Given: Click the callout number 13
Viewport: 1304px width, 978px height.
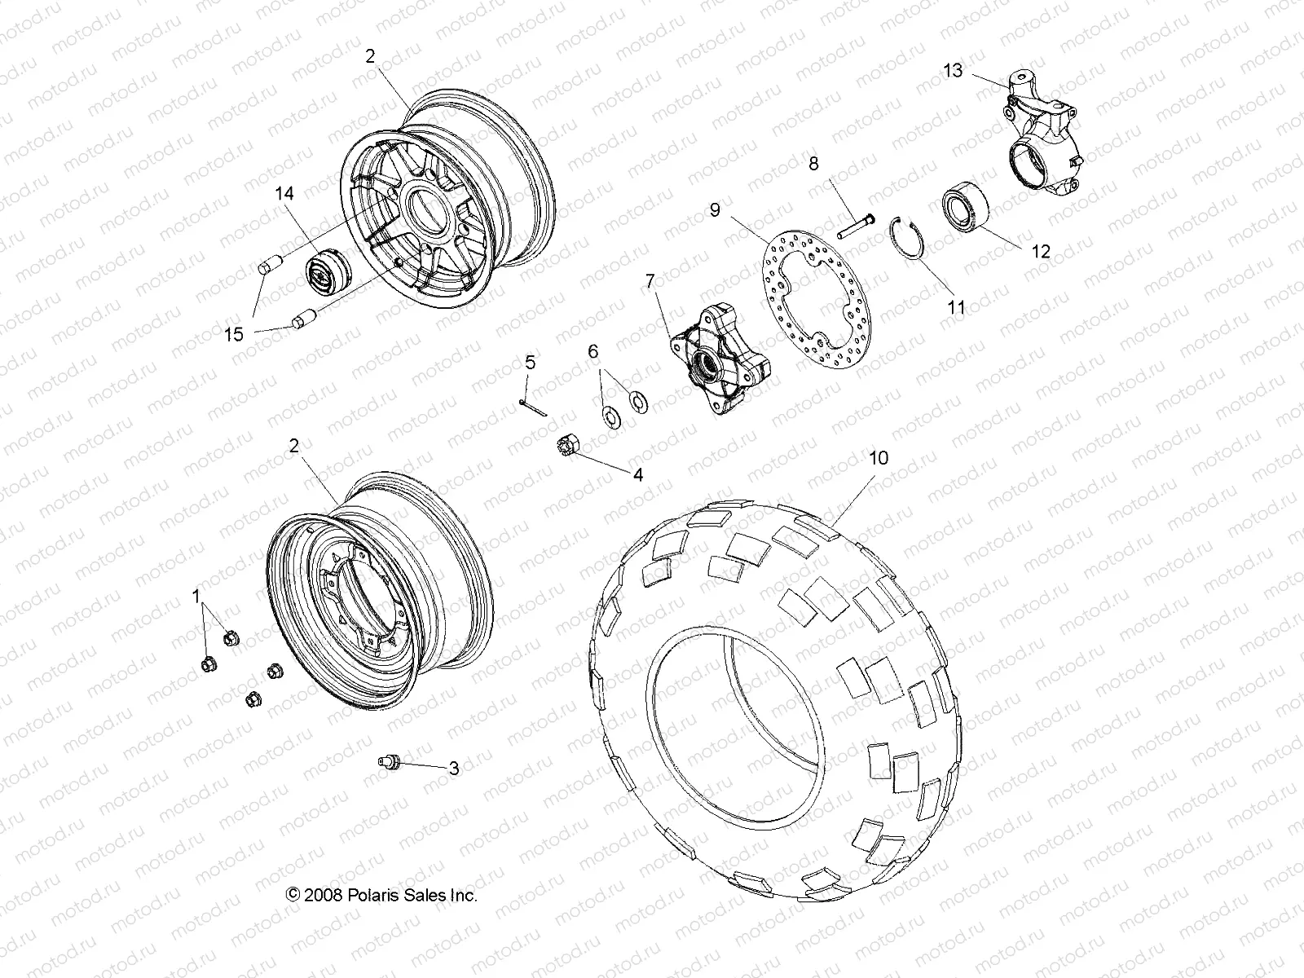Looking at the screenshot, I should pyautogui.click(x=954, y=71).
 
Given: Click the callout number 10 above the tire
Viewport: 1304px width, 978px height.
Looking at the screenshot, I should pyautogui.click(x=879, y=458).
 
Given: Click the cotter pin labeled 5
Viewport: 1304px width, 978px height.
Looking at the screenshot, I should pyautogui.click(x=533, y=405).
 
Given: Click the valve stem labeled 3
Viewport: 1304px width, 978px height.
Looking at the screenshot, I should pyautogui.click(x=390, y=762).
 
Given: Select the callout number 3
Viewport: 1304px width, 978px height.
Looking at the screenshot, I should pyautogui.click(x=454, y=768).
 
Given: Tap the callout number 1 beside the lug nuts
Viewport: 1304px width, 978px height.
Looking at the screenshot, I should pyautogui.click(x=196, y=597).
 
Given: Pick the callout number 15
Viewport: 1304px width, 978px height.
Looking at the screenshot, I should pyautogui.click(x=234, y=334).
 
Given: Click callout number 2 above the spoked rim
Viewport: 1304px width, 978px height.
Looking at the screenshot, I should pyautogui.click(x=370, y=56).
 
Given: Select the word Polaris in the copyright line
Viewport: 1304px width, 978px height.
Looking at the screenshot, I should pyautogui.click(x=379, y=895).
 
